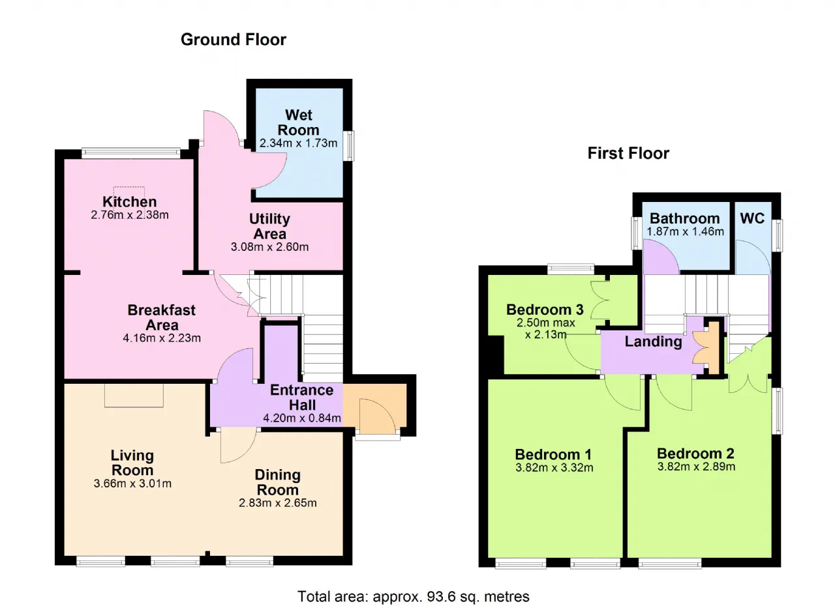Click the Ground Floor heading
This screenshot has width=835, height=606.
[234, 40]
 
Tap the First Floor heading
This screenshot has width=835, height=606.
[628, 153]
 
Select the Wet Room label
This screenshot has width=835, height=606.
[299, 123]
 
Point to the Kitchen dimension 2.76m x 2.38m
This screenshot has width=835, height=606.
[130, 215]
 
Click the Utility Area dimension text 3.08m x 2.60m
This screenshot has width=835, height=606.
[270, 247]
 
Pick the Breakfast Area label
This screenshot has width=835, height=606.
[161, 317]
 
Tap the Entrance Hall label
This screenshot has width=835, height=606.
[302, 397]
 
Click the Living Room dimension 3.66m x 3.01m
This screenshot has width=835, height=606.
[132, 483]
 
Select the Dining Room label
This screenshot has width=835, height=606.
[278, 482]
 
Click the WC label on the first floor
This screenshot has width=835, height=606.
[752, 218]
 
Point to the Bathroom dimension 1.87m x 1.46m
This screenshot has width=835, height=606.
[685, 231]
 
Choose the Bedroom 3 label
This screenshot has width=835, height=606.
[545, 310]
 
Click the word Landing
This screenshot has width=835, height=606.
[654, 341]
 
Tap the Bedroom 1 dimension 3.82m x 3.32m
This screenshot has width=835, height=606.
[554, 467]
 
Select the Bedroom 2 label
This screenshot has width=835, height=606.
[695, 454]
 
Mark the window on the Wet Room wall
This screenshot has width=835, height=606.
[348, 145]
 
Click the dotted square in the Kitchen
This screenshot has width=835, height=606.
[129, 197]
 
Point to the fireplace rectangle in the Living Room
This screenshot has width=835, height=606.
[134, 396]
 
